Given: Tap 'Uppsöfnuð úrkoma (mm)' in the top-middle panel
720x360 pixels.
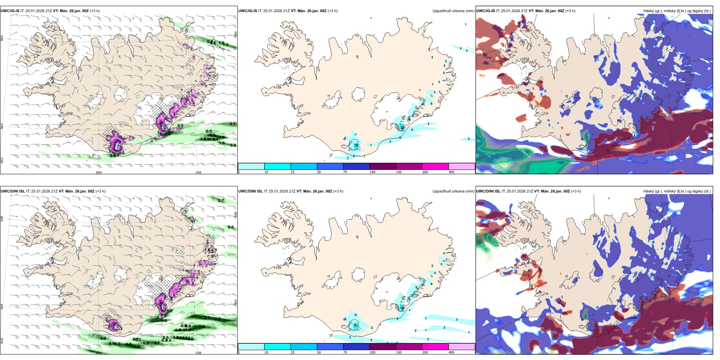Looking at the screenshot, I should [x=453, y=11].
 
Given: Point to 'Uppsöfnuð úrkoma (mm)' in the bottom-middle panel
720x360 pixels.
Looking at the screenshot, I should [x=453, y=191].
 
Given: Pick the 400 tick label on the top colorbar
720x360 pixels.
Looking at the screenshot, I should [x=451, y=172].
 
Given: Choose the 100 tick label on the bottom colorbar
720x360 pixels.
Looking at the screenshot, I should [x=373, y=352].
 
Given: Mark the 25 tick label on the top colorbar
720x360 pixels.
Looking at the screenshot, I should [x=293, y=172].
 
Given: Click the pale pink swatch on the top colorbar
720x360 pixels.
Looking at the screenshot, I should [x=462, y=166].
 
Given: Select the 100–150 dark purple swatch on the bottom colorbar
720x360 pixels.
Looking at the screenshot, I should [x=383, y=347].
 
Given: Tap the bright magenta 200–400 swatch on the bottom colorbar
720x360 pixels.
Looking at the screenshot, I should [x=435, y=347].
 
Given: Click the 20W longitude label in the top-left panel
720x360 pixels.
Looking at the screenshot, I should [x=99, y=172].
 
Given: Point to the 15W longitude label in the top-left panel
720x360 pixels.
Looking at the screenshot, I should [x=198, y=172].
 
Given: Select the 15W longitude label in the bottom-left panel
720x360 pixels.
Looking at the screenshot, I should [x=198, y=353].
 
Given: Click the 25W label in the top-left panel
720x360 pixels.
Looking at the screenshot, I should [x=2, y=160].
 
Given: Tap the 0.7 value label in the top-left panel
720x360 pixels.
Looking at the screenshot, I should [x=233, y=124].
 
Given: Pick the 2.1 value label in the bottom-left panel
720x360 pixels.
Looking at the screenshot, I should [x=207, y=318].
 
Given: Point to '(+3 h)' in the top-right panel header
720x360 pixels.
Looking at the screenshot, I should [x=570, y=11].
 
